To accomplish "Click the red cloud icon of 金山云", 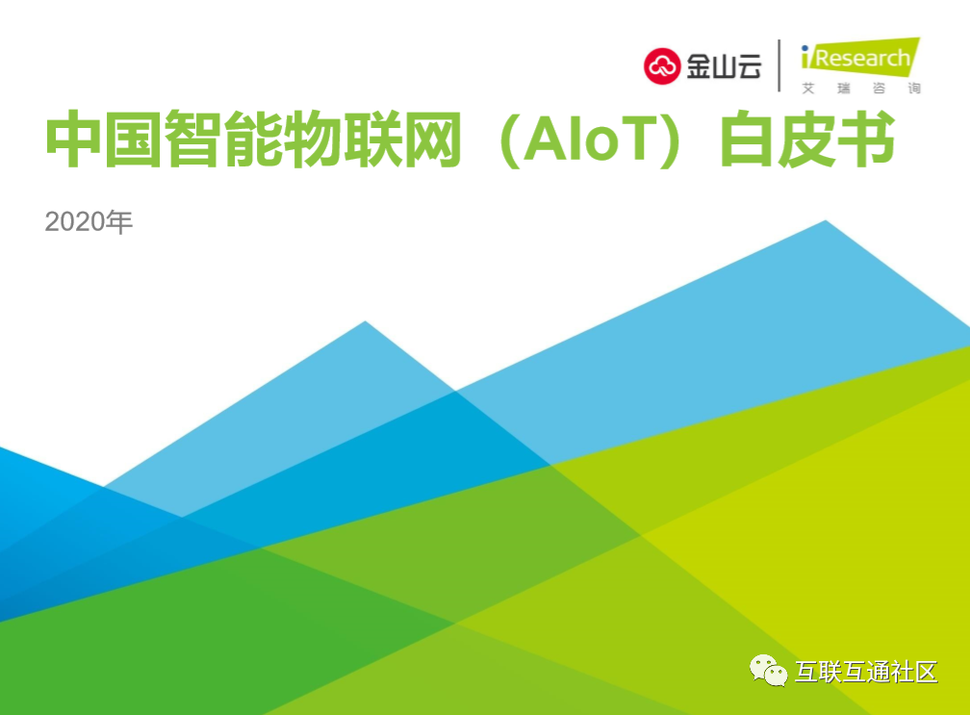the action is click(x=662, y=65).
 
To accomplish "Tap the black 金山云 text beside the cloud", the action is click(x=724, y=66).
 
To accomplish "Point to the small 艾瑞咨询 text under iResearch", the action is click(x=861, y=89).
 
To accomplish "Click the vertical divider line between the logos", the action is click(x=779, y=65).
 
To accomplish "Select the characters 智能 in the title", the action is click(x=221, y=140).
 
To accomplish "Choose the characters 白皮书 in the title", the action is click(x=808, y=140).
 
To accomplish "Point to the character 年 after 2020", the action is click(x=119, y=221).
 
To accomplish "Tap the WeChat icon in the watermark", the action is click(x=768, y=671).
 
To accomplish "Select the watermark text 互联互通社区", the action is click(x=866, y=672).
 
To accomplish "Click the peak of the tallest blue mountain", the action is click(x=826, y=220).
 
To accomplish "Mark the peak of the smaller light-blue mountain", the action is click(x=365, y=321).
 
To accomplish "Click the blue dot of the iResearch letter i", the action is click(x=804, y=48).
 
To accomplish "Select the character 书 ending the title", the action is click(x=867, y=140).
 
